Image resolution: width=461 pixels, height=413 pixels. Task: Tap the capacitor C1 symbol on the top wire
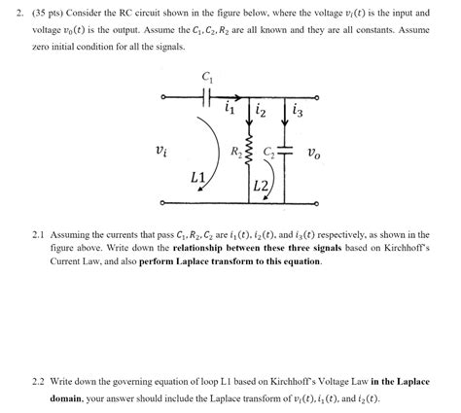coord(206,96)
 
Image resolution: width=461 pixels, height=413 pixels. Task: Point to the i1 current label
coord(230,109)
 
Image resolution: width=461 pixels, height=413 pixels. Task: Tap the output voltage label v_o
coord(314,152)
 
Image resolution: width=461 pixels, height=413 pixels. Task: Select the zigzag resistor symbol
coord(249,154)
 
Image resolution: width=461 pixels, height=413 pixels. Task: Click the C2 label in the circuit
coord(269,152)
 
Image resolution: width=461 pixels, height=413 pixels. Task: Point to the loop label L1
coord(198,179)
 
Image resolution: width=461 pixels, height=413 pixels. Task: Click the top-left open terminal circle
coord(164,96)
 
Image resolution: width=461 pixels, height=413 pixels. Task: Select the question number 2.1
coord(39,235)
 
